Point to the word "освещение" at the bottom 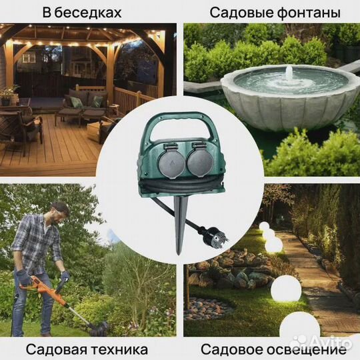(x=304, y=349)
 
